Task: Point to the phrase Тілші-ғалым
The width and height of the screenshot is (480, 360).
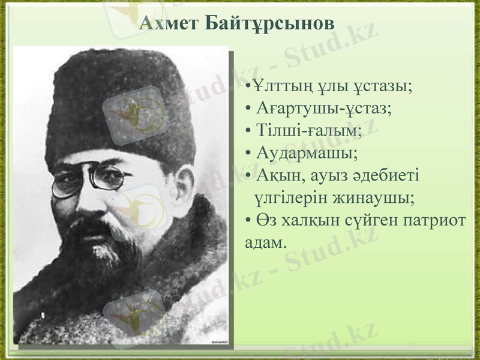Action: [x=309, y=131]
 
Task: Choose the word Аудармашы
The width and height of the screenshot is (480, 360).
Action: [x=307, y=153]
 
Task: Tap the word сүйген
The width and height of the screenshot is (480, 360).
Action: [x=370, y=219]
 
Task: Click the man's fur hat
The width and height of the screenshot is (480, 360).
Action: [x=120, y=102]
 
